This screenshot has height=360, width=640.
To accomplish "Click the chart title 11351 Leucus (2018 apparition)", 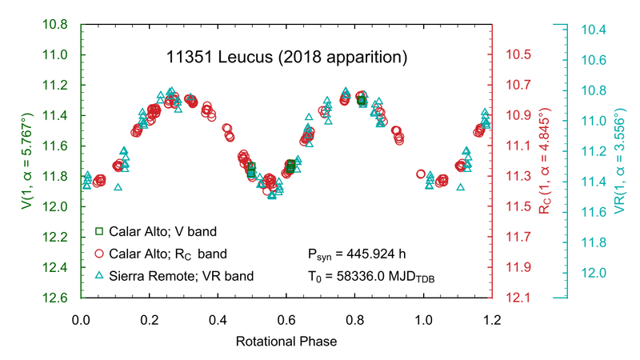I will pos(286,58).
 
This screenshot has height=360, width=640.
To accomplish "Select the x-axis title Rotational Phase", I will pos(286,342).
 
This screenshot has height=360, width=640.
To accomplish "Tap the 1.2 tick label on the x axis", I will pos(491,319).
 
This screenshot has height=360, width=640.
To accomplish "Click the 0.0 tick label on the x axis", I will pos(81,319).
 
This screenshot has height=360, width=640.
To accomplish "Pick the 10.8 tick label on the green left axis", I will pos(54,24).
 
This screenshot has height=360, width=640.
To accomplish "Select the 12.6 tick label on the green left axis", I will pos(54,298).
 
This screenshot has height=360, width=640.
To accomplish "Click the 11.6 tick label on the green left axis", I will pos(54,146).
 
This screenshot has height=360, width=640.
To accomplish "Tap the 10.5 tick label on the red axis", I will pos(520,54).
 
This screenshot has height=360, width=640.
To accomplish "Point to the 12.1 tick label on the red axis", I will pos(520,298).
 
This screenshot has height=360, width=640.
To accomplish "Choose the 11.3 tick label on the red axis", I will pos(520,177).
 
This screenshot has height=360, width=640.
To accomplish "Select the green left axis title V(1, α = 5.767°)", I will pos(26,161).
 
